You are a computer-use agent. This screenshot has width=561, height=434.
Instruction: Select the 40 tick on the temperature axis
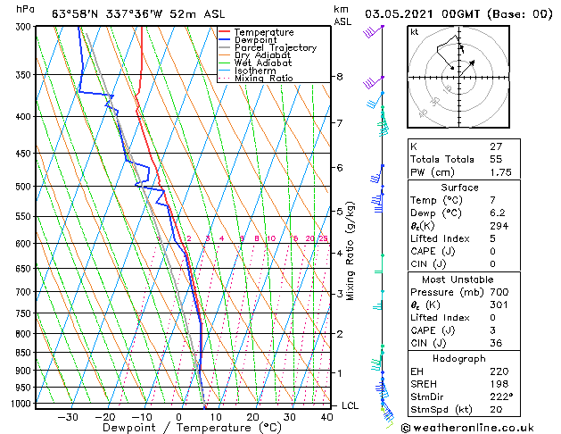[326, 417]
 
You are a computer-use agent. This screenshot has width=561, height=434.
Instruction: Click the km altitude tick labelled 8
[340, 77]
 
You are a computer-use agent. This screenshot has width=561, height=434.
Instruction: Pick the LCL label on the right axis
[351, 405]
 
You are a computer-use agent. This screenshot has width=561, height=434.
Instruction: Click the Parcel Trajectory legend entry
[275, 48]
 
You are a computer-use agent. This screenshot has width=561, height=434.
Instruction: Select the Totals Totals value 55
[496, 159]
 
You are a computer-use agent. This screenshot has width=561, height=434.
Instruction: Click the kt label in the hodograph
[415, 32]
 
